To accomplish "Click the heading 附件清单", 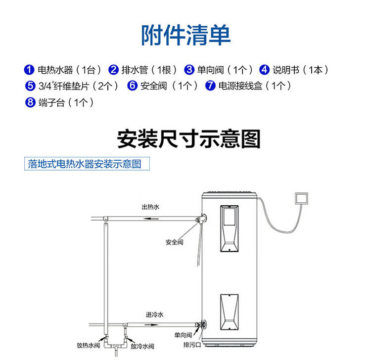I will [x=185, y=35].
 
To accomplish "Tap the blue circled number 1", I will [x=30, y=70].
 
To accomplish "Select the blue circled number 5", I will [x=30, y=86].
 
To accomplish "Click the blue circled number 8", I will [x=30, y=102].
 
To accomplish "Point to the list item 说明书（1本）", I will [x=300, y=70].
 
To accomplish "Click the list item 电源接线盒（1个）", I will [x=254, y=86].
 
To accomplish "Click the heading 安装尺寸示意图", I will [x=188, y=139].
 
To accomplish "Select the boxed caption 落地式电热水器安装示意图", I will [x=86, y=164].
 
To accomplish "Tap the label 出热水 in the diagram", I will [x=150, y=206].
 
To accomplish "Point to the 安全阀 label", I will [x=175, y=242].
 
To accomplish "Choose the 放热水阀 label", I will [x=90, y=346].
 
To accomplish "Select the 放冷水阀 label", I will [x=143, y=346].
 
